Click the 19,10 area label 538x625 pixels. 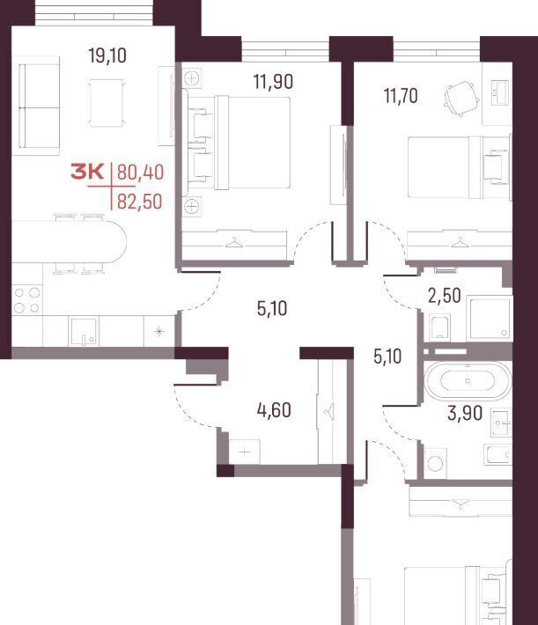(107, 55)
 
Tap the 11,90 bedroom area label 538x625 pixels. (273, 81)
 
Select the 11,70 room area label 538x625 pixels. (401, 96)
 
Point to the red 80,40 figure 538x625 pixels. (140, 173)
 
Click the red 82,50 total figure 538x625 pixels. (140, 202)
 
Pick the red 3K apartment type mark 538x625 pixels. (87, 173)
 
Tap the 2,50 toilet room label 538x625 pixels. (445, 296)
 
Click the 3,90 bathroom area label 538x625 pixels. (465, 413)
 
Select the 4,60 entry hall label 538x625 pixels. (274, 410)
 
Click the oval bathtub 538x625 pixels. (468, 381)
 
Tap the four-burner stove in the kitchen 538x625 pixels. (27, 300)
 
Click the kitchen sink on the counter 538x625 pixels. (84, 332)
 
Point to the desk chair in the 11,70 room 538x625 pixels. (461, 98)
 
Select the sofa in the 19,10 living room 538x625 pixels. (36, 106)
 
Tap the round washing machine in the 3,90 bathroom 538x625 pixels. (435, 463)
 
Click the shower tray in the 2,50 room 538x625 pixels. (490, 318)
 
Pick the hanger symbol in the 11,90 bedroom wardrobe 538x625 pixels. (234, 242)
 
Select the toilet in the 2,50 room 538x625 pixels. (440, 327)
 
